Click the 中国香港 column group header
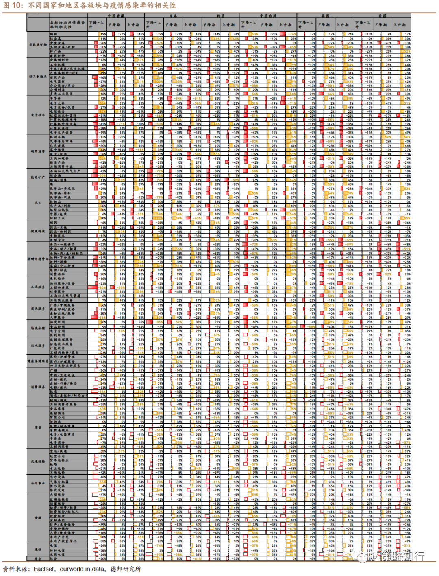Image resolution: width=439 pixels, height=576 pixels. click(x=116, y=16)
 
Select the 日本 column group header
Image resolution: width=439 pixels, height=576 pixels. click(x=173, y=16)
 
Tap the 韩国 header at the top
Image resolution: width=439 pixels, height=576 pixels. click(x=221, y=16)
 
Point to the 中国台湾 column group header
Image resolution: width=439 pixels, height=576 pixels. click(x=268, y=16)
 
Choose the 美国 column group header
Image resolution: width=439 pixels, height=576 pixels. click(x=382, y=16)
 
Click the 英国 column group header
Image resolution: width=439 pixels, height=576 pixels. click(x=325, y=16)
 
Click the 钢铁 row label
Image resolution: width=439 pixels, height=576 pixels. click(x=53, y=34)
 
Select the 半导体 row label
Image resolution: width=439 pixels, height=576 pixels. click(x=55, y=98)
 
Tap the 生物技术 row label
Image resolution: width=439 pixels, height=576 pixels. click(x=57, y=236)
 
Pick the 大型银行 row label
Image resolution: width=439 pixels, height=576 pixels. click(x=57, y=495)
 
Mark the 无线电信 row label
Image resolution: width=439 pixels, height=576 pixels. click(x=57, y=554)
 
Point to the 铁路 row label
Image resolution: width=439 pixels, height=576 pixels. click(x=53, y=464)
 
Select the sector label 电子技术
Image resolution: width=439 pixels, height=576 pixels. click(x=38, y=115)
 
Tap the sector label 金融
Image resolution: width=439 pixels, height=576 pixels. click(x=38, y=518)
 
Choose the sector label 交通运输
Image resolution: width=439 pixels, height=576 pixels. click(x=38, y=462)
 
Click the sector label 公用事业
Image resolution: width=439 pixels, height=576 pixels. click(x=38, y=483)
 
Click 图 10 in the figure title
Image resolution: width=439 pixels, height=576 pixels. click(x=13, y=5)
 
